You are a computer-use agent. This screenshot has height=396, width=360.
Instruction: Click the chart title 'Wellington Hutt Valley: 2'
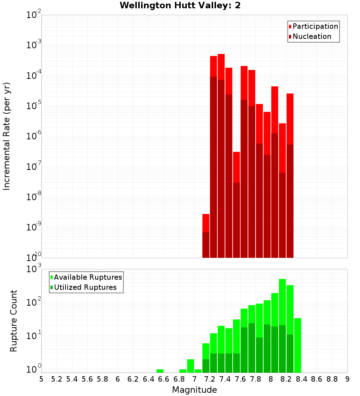coord(180,5)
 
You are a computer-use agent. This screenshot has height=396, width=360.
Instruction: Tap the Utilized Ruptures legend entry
coord(85,287)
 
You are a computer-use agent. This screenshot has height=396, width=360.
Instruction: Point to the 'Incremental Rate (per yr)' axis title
coord(6,136)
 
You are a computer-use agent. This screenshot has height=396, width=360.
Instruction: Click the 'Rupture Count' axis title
coord(14,320)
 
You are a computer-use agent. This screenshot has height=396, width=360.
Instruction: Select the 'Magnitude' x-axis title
coord(194,390)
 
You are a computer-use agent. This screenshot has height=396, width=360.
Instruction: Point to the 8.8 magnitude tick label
coord(332,379)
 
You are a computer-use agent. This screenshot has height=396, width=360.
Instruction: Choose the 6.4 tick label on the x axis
coord(148,379)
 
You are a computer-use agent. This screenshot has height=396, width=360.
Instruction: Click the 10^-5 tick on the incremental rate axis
coord(33,106)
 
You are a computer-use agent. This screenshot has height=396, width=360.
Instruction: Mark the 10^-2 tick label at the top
coord(33,15)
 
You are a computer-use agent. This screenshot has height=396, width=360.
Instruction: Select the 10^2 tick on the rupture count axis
coord(33,302)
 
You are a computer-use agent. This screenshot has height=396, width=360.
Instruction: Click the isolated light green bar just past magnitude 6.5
coord(160,371)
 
